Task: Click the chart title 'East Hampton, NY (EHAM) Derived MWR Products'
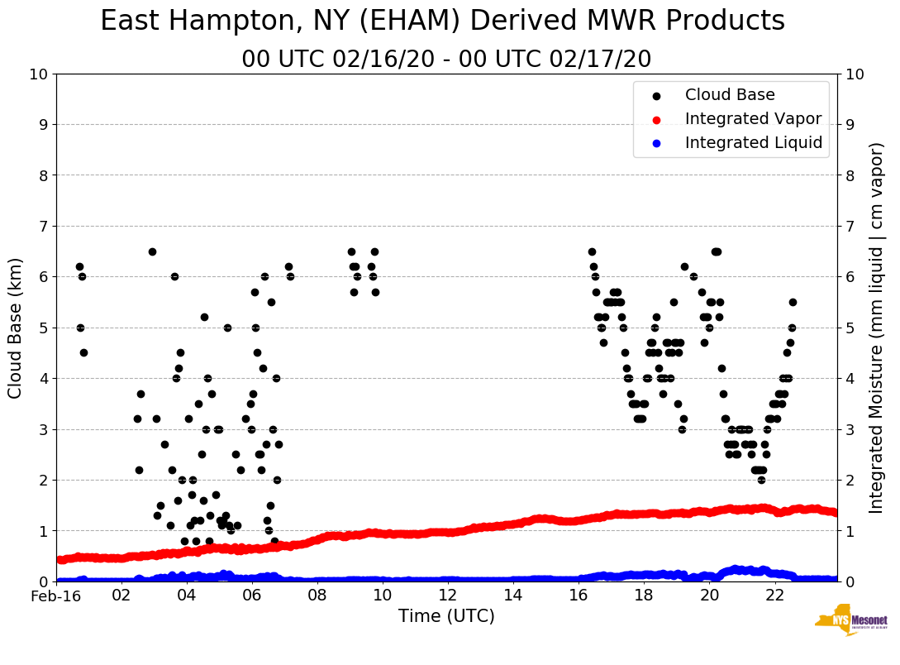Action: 442,22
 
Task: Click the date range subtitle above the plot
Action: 446,60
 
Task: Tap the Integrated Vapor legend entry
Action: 753,119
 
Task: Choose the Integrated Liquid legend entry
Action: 753,143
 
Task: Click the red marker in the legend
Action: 656,119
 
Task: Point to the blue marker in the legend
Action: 656,143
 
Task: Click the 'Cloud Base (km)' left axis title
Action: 16,328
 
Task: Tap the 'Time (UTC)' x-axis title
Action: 446,616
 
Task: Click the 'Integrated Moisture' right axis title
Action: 877,328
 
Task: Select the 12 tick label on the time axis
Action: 447,596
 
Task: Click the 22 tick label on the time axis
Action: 774,596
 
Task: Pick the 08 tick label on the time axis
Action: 317,596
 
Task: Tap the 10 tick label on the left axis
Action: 38,74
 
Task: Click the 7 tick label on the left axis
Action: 43,226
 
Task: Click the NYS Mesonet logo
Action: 850,622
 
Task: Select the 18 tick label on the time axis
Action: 644,596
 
